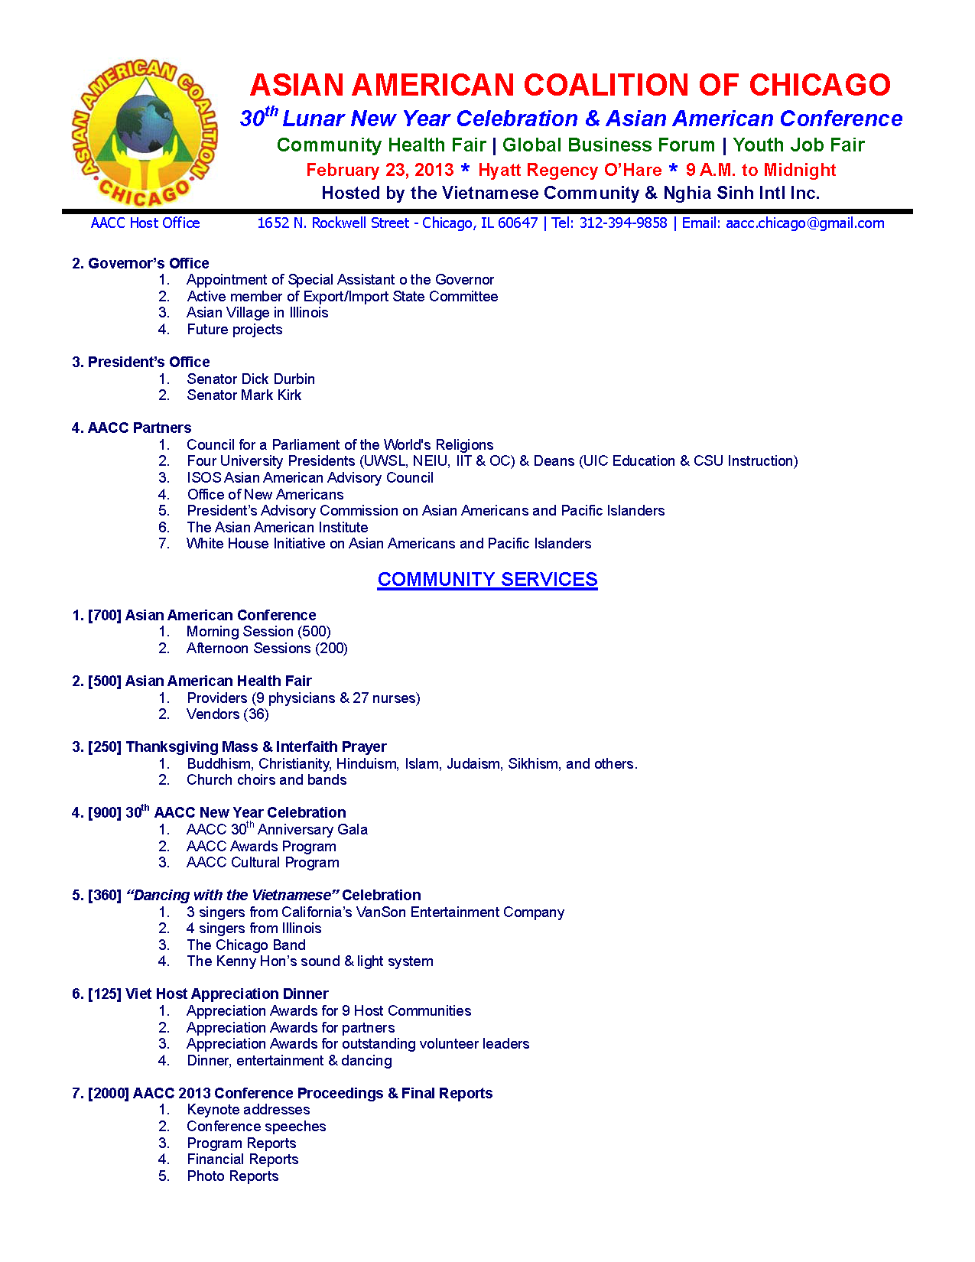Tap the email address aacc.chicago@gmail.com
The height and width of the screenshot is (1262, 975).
804,223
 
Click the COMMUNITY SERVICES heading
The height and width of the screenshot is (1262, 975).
487,580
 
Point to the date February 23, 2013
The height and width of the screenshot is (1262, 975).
379,171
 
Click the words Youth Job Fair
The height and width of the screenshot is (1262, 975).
798,145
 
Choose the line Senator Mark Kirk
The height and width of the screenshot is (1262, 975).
244,395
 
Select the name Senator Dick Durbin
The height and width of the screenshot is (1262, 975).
251,379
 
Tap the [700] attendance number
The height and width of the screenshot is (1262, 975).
105,616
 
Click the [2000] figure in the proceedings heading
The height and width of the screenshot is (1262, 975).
109,1094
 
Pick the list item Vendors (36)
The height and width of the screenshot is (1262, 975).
228,714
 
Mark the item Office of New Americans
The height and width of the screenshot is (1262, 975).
265,495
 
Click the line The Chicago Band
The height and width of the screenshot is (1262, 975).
246,945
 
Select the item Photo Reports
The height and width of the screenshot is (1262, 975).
232,1176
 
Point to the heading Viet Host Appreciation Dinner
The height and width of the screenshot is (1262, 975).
227,994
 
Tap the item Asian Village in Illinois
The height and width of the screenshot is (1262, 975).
258,313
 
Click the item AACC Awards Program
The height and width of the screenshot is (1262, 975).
262,847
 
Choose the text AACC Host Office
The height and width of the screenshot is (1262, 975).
145,223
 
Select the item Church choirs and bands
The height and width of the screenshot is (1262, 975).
267,780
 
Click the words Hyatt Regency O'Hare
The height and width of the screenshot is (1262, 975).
570,171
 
